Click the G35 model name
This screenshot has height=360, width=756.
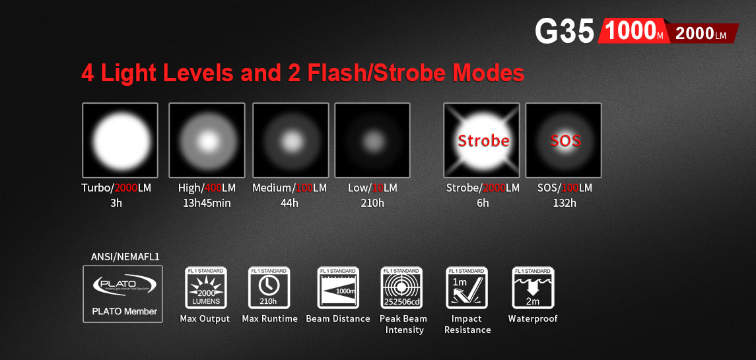(565, 31)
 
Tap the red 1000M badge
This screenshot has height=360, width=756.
(632, 32)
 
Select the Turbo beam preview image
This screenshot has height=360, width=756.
(120, 141)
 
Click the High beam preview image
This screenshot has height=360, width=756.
(207, 141)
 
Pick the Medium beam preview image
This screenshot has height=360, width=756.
(290, 141)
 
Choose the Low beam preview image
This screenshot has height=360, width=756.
(372, 141)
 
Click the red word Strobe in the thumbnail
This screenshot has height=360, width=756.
(483, 141)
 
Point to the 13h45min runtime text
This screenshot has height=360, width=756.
(207, 203)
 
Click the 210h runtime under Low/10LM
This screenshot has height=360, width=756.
(372, 203)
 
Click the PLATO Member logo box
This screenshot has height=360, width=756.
(123, 294)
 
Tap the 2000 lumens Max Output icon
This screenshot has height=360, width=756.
(205, 288)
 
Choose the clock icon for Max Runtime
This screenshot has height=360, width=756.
(269, 288)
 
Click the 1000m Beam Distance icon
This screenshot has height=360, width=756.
(337, 288)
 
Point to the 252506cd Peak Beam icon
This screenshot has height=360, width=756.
(401, 288)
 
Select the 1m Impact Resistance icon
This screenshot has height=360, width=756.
(467, 288)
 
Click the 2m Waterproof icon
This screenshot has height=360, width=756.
(532, 288)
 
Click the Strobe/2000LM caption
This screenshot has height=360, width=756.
(483, 188)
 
